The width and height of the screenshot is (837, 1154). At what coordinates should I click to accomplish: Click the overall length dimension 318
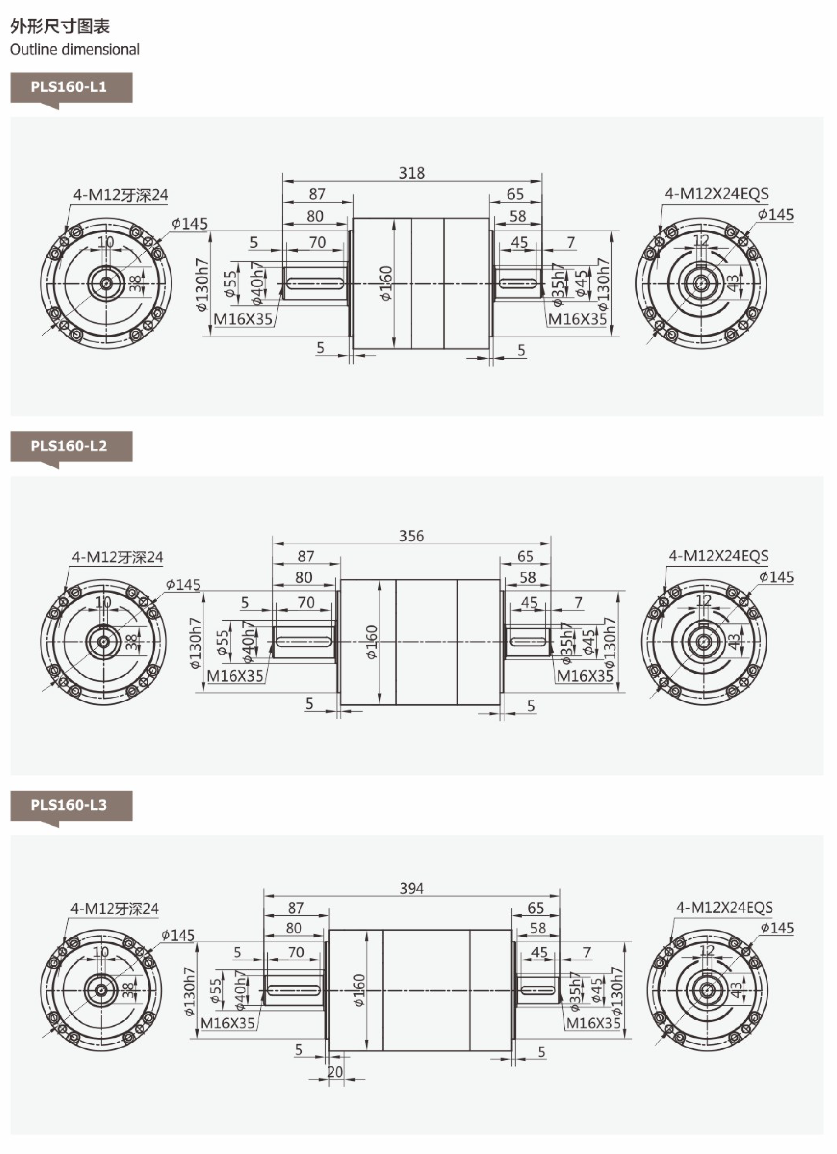(x=412, y=173)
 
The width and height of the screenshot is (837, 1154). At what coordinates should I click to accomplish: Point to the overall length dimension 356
(x=412, y=536)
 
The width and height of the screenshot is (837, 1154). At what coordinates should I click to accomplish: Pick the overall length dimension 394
(x=412, y=888)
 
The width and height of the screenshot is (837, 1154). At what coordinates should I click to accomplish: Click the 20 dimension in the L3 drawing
(x=335, y=1072)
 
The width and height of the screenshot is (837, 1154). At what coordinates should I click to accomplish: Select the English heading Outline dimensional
(x=75, y=49)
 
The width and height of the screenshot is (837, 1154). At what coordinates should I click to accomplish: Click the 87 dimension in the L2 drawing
(x=306, y=556)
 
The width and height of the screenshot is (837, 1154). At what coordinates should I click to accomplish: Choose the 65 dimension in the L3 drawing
(x=535, y=908)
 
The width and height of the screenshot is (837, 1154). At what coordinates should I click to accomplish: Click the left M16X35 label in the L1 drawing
(x=243, y=319)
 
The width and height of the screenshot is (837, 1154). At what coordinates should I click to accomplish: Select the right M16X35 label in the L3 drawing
(x=593, y=1023)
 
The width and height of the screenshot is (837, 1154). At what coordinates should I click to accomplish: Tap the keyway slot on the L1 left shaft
(x=315, y=283)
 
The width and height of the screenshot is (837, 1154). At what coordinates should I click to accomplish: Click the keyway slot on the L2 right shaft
(x=527, y=641)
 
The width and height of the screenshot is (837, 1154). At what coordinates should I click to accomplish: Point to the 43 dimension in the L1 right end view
(x=733, y=283)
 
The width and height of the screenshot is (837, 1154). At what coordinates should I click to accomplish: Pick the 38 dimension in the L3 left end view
(x=129, y=990)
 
